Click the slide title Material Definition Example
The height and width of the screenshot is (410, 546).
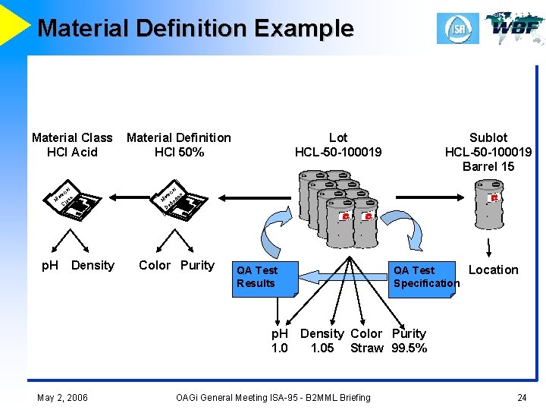click(x=195, y=28)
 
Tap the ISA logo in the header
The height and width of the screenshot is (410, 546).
click(x=457, y=28)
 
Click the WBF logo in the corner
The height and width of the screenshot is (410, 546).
click(x=514, y=27)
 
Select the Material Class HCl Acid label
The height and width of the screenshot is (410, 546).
click(x=72, y=144)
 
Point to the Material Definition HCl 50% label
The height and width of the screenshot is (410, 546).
click(x=179, y=144)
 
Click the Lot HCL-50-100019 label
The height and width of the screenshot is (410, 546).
click(x=338, y=144)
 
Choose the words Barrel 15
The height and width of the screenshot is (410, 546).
click(x=488, y=166)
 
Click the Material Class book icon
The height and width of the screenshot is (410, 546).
click(x=75, y=201)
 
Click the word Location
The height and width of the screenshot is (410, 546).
click(x=494, y=270)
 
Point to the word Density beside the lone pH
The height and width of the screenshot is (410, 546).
click(x=93, y=265)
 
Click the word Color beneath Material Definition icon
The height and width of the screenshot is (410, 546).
click(x=155, y=265)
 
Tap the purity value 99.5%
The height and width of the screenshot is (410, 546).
click(x=409, y=348)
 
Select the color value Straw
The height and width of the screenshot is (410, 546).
click(x=367, y=348)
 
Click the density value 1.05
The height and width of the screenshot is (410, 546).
click(x=322, y=348)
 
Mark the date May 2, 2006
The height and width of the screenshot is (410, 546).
click(x=62, y=397)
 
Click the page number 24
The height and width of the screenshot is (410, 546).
click(x=522, y=397)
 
